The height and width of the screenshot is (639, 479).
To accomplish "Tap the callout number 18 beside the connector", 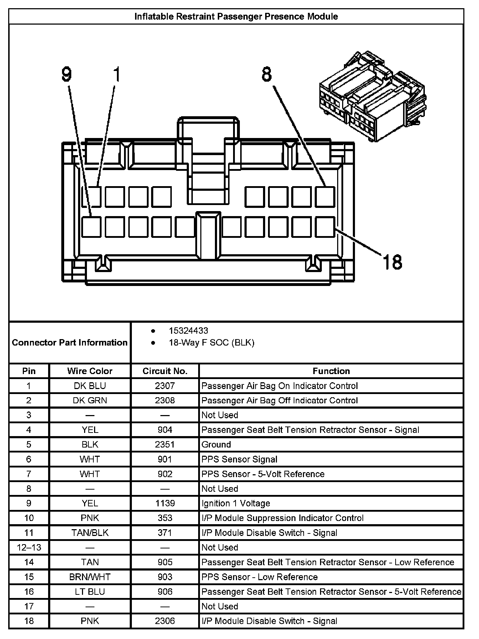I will [x=392, y=262].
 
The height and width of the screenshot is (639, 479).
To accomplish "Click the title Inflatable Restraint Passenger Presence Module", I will [x=236, y=16].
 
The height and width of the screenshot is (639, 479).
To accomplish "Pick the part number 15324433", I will [x=189, y=331].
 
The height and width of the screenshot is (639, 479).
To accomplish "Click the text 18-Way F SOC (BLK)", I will [x=212, y=343].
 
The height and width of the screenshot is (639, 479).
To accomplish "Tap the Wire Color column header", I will [x=90, y=371].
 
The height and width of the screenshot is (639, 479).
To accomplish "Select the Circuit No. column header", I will [x=165, y=371].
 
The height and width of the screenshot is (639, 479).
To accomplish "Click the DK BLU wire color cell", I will [x=90, y=386].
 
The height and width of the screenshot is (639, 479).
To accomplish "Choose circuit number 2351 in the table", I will [x=165, y=445].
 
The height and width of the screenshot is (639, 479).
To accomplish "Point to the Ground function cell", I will [x=216, y=445].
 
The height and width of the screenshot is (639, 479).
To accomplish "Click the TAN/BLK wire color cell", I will [x=90, y=533].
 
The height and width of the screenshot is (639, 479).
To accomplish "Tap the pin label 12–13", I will [x=29, y=547].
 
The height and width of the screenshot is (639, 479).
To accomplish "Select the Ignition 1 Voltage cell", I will [x=236, y=503].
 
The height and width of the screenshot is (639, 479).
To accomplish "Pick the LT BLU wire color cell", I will [x=90, y=592].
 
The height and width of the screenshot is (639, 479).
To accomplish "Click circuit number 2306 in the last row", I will [x=165, y=621].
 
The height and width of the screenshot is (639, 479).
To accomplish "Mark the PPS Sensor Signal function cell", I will [x=239, y=459].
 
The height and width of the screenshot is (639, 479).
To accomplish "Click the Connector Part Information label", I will [x=70, y=343].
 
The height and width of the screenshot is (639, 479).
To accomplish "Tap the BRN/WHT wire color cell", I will [x=90, y=577].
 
